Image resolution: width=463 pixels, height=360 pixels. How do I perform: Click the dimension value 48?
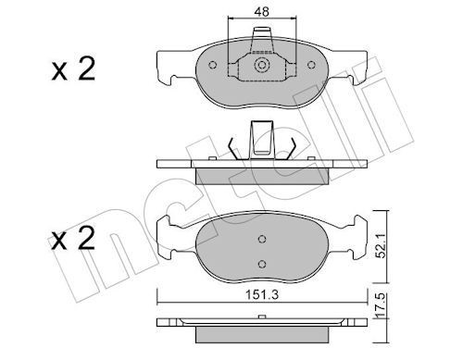(x=262, y=12)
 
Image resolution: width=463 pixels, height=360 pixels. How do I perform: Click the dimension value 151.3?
(x=262, y=295)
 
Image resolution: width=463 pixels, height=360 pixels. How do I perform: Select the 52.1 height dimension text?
(x=382, y=246)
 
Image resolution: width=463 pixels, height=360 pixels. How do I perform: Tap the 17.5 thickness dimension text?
(x=382, y=305)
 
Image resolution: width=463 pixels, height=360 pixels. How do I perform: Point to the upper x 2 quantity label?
(x=73, y=69)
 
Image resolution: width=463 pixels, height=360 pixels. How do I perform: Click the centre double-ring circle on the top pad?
(x=262, y=65)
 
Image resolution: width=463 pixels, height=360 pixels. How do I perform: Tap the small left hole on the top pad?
(x=212, y=65)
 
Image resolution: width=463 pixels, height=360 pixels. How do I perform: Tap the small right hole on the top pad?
(x=311, y=65)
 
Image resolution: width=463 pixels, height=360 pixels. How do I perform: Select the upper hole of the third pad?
(x=262, y=239)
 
